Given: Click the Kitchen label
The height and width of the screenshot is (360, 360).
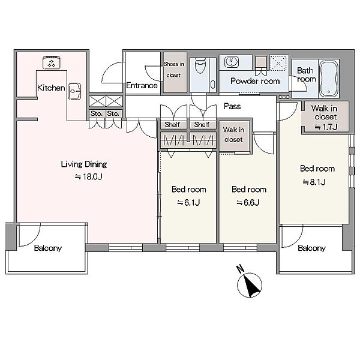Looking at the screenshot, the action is (51, 88).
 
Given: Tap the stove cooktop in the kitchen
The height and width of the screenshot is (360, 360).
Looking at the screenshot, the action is (52, 62).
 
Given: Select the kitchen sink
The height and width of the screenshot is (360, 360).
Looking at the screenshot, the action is (74, 91).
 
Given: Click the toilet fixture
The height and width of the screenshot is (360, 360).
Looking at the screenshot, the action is (200, 65).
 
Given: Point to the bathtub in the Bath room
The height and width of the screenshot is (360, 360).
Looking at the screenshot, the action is (329, 79).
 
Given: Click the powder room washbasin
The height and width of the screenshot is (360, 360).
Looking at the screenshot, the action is (232, 62).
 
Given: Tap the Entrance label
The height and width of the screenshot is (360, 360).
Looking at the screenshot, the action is (142, 85).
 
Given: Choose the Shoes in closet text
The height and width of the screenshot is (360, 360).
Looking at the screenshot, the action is (174, 70).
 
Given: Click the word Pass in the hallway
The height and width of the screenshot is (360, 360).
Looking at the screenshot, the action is (232, 106).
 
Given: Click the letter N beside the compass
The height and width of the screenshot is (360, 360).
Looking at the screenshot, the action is (240, 269).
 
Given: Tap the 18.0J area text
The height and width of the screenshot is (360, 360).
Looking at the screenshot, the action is (89, 176).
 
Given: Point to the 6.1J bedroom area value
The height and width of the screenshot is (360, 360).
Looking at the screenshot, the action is (188, 203).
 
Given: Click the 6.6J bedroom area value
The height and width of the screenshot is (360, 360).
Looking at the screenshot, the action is (248, 203).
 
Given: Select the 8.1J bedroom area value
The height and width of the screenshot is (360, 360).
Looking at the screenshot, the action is (314, 182).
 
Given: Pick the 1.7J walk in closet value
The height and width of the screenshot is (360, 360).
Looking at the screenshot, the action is (326, 127).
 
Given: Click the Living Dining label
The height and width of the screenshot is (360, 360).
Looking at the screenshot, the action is (84, 164).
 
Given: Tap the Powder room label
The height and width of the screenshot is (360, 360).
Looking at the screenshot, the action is (255, 81).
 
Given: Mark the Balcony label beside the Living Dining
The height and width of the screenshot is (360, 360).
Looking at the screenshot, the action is (48, 248).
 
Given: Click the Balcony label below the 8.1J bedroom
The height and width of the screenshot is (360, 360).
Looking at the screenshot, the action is (312, 248).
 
